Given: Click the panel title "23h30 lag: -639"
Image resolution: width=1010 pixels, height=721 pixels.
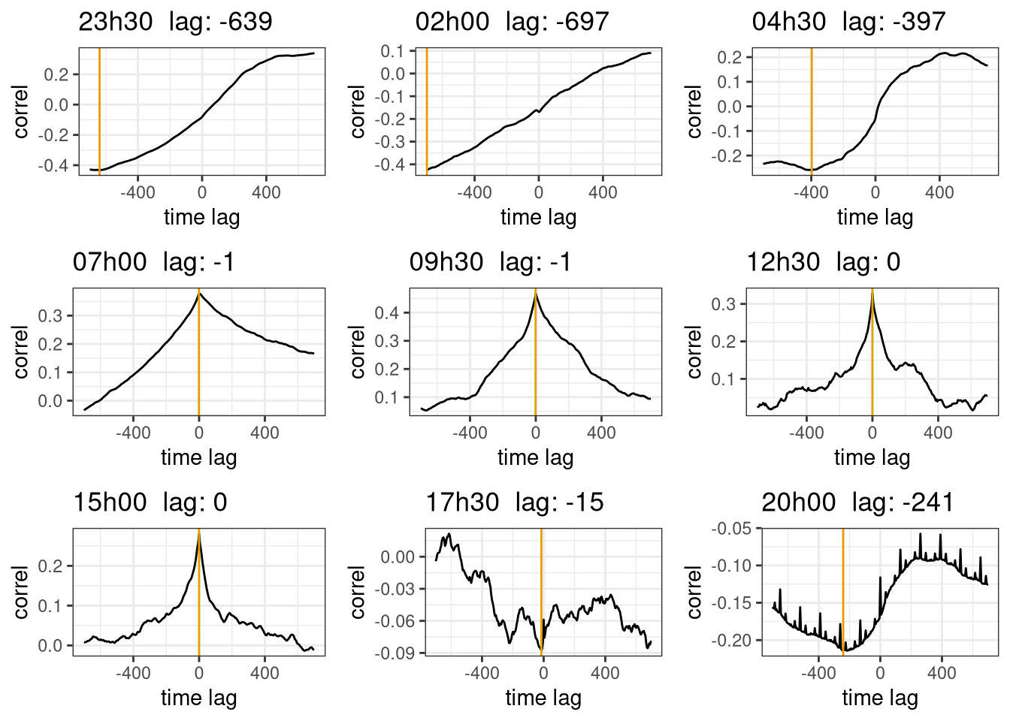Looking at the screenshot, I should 175,22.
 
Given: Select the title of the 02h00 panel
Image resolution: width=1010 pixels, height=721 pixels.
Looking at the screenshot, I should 512,22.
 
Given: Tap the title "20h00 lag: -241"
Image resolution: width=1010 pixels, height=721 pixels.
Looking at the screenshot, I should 857,502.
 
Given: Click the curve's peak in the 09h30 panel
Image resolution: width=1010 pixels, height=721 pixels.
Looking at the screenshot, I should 536,294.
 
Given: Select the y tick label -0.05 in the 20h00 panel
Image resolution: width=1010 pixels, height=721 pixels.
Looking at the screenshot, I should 731,529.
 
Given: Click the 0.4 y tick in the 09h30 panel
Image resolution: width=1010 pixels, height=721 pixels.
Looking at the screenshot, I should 389,312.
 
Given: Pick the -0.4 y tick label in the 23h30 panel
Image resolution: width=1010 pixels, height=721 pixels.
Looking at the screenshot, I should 56,165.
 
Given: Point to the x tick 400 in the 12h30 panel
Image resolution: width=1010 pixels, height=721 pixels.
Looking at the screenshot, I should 938,433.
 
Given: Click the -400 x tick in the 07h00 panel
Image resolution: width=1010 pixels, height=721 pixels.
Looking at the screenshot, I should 133,433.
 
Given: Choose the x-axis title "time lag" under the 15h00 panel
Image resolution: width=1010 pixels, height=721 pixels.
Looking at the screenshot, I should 199,698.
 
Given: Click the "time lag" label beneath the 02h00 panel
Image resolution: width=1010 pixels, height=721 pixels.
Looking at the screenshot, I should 539,217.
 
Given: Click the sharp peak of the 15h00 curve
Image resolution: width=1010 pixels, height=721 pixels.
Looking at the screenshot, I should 199,532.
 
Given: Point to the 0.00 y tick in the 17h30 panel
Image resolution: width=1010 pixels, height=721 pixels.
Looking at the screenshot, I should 398,557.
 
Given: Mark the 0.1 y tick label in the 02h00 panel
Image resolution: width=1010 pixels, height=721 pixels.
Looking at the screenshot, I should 392,51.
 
